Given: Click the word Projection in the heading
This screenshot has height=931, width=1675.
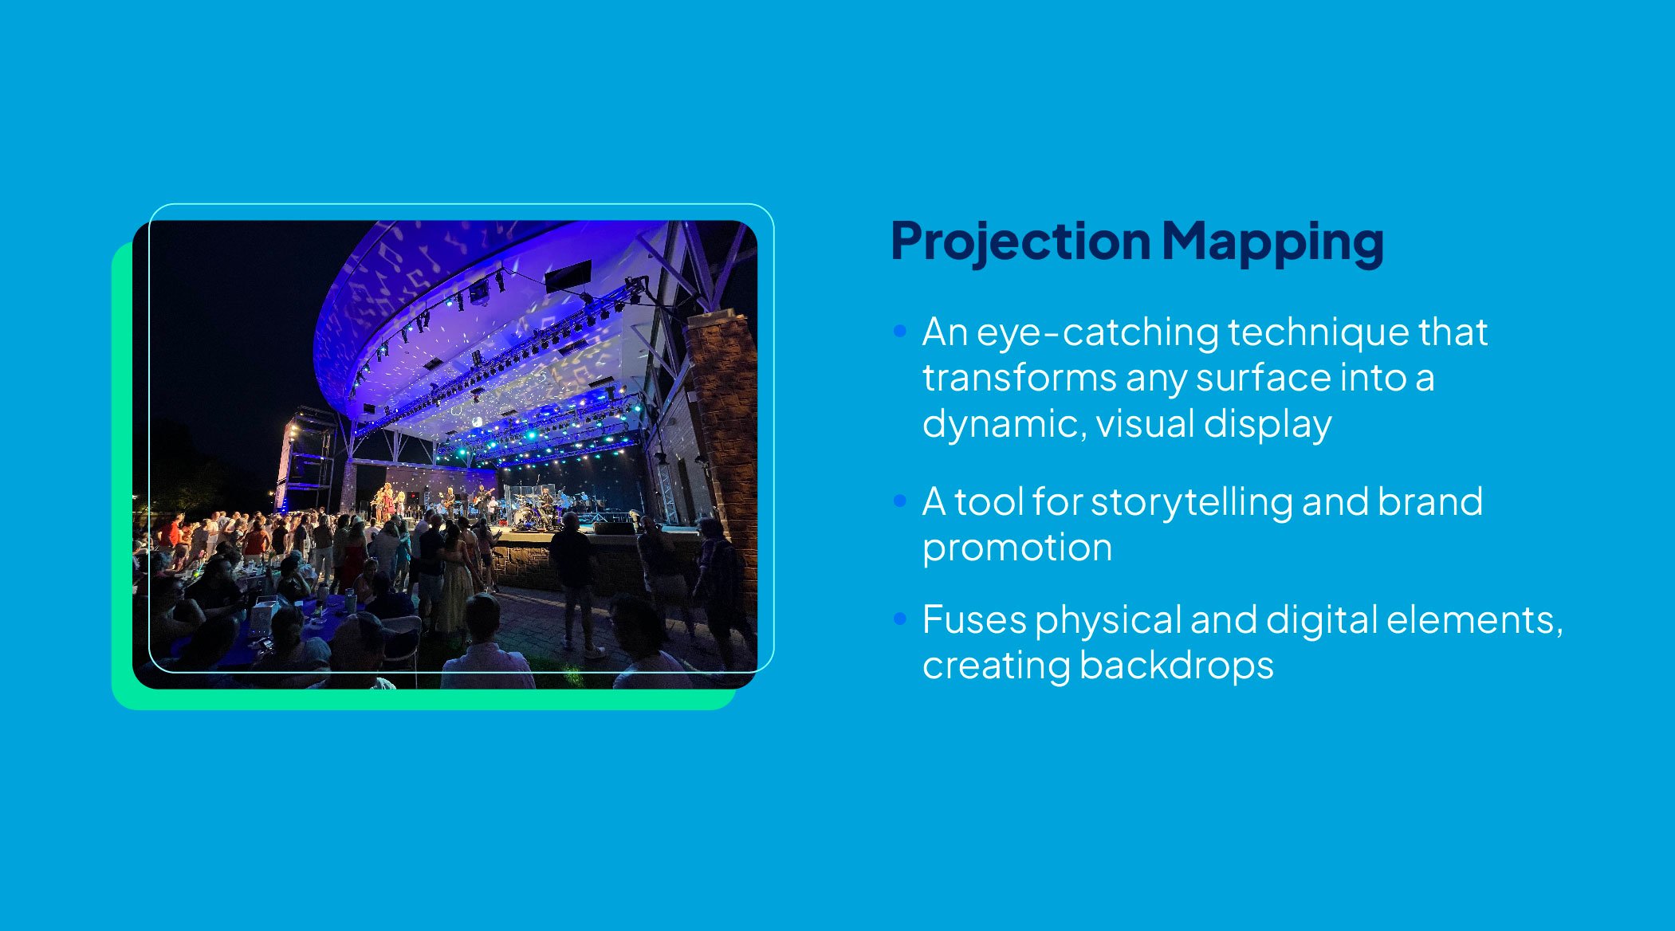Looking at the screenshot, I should pyautogui.click(x=1020, y=242).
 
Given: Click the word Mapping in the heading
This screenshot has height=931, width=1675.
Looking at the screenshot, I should pyautogui.click(x=1272, y=242).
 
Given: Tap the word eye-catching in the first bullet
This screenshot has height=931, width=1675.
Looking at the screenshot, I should pyautogui.click(x=1097, y=332).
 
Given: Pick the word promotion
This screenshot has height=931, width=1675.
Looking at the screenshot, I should pyautogui.click(x=1016, y=548).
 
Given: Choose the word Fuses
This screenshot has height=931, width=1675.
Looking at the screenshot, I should pyautogui.click(x=973, y=620).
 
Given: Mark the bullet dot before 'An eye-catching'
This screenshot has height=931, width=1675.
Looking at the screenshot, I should pyautogui.click(x=900, y=331).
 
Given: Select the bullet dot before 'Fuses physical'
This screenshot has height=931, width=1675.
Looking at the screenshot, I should pyautogui.click(x=900, y=619).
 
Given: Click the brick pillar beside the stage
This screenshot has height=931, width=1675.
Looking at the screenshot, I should pyautogui.click(x=724, y=414).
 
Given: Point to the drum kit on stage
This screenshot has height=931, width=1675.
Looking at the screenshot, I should pyautogui.click(x=526, y=514).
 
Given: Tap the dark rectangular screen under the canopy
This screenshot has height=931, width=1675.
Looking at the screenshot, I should pyautogui.click(x=568, y=276).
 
